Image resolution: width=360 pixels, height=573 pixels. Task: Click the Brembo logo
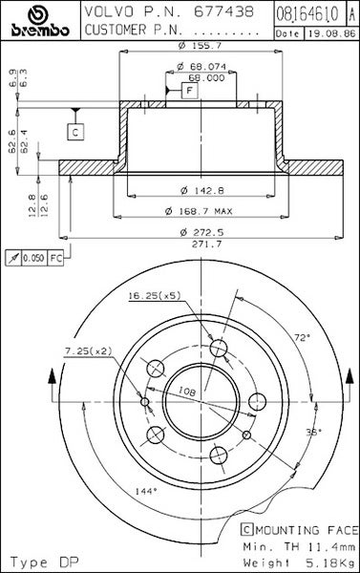tap(40, 21)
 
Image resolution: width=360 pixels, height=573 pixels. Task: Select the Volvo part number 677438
tap(223, 11)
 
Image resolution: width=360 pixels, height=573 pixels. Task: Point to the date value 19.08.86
tap(331, 34)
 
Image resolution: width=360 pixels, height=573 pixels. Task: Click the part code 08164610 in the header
tap(307, 14)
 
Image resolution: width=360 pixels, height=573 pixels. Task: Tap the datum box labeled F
tap(189, 90)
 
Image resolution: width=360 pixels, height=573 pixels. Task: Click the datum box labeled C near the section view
tap(75, 132)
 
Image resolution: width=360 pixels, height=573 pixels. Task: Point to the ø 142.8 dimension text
tap(202, 190)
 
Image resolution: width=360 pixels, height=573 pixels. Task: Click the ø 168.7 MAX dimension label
tap(199, 211)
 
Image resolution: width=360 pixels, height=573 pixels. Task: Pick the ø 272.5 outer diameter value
tap(202, 232)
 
